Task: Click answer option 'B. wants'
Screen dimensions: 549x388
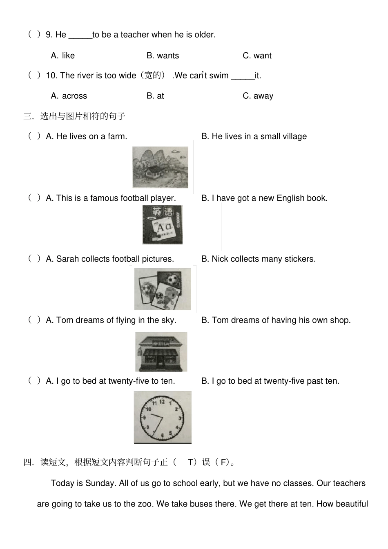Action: click(x=163, y=56)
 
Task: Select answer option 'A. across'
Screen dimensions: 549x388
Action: click(x=69, y=96)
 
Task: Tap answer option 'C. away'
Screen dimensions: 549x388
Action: click(x=258, y=96)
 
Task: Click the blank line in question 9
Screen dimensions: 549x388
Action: click(x=80, y=36)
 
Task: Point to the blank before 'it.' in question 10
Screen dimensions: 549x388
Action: click(x=243, y=76)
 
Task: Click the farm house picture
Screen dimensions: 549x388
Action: click(x=160, y=167)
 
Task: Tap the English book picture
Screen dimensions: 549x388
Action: click(x=162, y=224)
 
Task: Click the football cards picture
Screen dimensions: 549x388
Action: click(x=163, y=289)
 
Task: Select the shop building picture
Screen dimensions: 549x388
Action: click(x=161, y=351)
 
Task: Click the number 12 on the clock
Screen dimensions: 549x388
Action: click(x=162, y=401)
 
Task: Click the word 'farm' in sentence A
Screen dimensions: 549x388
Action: click(x=117, y=136)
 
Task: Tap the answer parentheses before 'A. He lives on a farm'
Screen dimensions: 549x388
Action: click(x=34, y=136)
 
